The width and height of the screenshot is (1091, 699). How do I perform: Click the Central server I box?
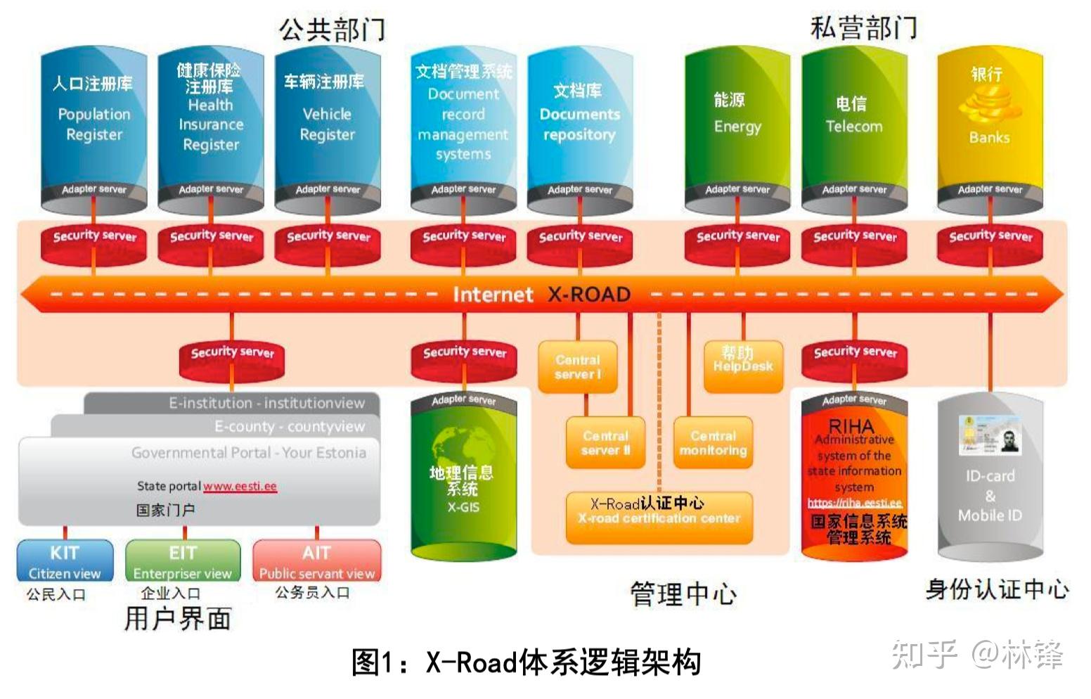[578, 366]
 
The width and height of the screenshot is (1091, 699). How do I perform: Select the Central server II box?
[605, 443]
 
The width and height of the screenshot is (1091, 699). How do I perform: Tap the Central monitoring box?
[713, 443]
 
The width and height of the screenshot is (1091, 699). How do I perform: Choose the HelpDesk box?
[743, 366]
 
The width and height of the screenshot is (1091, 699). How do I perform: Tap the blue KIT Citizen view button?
[65, 560]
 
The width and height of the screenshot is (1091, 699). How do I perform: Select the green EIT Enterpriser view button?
[183, 560]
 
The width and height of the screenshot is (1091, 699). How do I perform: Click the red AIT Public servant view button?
[316, 560]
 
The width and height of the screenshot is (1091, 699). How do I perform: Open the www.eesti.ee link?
[240, 486]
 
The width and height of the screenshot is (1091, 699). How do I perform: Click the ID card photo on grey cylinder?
[990, 435]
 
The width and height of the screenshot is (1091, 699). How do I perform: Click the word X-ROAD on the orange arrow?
[589, 294]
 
